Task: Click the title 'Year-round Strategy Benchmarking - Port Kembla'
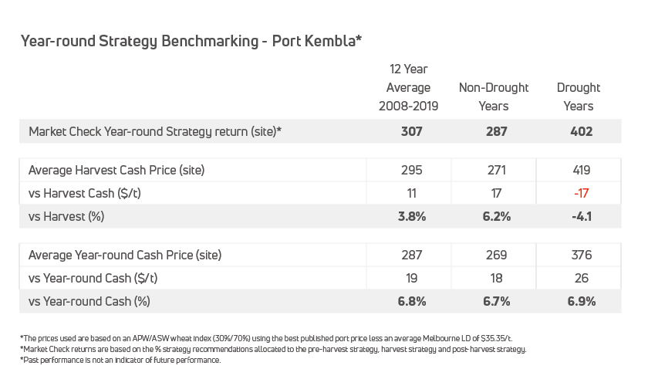[191, 41]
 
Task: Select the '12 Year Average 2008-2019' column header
[408, 88]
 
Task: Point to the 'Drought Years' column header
[579, 96]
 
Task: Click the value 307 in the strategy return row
[412, 131]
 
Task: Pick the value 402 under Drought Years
[581, 131]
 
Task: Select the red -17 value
[581, 193]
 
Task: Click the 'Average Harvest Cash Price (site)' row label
[116, 170]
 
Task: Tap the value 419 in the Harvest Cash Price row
[581, 170]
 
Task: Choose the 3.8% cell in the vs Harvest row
[412, 216]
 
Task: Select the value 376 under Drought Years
[581, 255]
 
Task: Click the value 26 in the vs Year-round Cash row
[581, 278]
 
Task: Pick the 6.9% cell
[581, 301]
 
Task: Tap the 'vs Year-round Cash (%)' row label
[89, 301]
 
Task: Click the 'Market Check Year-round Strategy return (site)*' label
[155, 131]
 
